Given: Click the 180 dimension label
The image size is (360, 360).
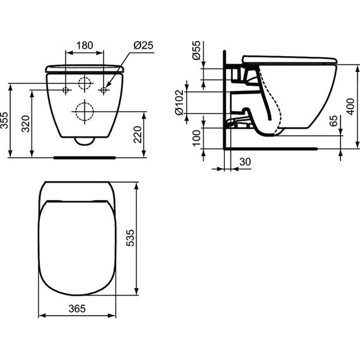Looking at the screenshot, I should tap(85, 45).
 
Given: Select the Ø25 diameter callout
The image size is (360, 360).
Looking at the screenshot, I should tap(143, 45).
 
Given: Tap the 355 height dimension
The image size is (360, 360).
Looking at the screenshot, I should tap(5, 122).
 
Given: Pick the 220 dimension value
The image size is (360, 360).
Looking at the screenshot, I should tap(147, 134).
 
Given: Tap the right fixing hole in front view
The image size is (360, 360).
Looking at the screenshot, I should tap(104, 91).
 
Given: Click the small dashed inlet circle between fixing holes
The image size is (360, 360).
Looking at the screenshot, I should tap(85, 85).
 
